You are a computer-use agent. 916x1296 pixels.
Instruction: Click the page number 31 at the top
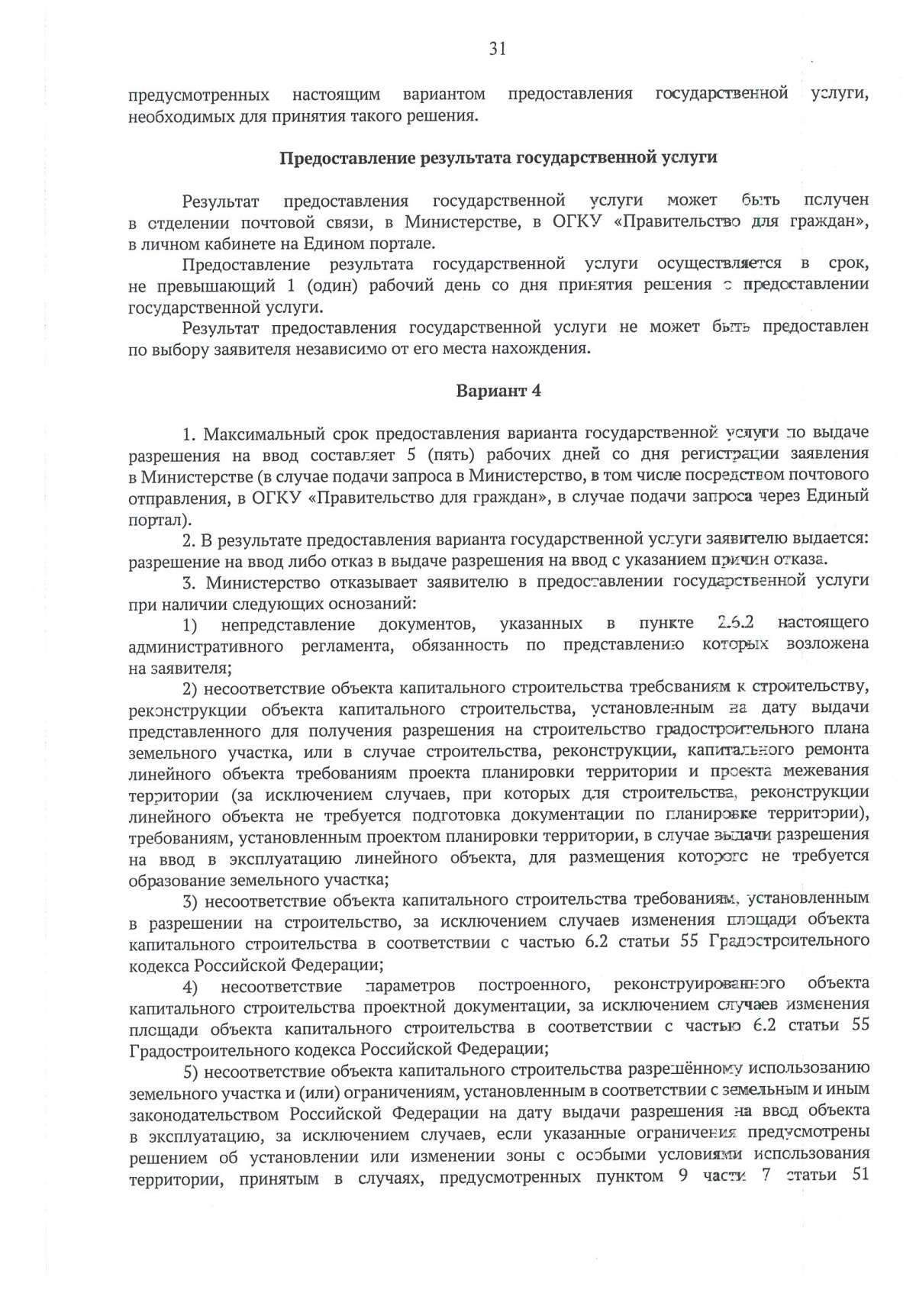pos(497,50)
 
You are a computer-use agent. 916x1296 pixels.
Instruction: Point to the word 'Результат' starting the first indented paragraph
pos(221,201)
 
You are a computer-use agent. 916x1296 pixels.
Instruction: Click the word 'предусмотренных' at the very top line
pos(198,95)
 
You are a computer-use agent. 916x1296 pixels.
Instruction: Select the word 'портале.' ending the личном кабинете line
pos(411,243)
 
